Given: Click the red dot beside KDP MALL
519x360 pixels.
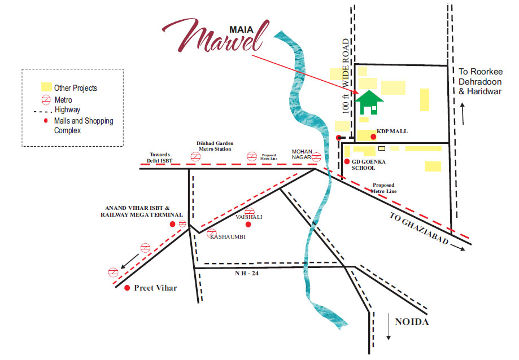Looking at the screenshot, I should tap(373, 137).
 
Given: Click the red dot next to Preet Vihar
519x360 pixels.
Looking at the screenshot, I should tap(127, 288).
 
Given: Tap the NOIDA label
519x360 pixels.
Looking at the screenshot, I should tap(412, 322).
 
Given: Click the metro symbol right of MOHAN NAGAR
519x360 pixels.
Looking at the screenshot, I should tap(317, 156).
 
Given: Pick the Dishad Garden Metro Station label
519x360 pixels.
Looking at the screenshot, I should tap(215, 147).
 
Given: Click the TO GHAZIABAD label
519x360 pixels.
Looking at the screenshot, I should tap(419, 231).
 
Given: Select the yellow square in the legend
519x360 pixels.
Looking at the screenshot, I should tap(46, 87).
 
